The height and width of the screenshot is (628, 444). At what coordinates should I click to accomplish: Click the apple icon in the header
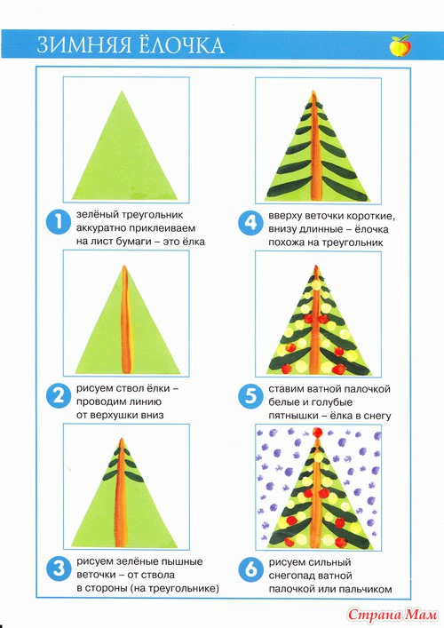(x=400, y=45)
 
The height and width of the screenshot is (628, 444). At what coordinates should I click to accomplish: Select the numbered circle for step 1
(x=59, y=222)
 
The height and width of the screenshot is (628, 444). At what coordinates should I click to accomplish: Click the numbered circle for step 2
(x=59, y=395)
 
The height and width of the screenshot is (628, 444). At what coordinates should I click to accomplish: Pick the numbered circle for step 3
(x=59, y=568)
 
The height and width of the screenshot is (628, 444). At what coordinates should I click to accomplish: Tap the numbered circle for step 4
(x=250, y=222)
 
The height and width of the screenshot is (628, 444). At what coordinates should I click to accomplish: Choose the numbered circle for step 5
(x=250, y=395)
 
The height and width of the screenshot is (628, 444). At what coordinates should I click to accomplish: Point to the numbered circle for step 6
(x=250, y=568)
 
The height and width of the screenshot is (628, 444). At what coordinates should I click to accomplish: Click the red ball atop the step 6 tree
(x=317, y=433)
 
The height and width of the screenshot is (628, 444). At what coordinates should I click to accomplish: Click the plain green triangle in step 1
(x=124, y=156)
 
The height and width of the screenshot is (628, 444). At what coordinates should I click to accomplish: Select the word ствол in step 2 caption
(x=128, y=388)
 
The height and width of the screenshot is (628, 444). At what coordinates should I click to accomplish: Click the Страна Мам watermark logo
(x=392, y=615)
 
